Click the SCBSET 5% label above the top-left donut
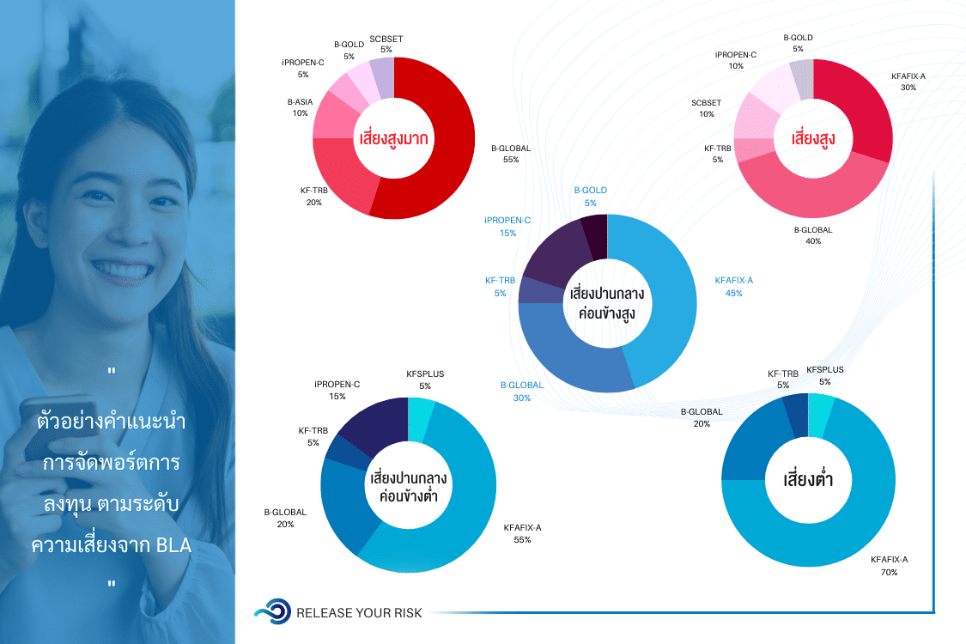click(386, 44)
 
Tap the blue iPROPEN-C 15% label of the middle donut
click(507, 227)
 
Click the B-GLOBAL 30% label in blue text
click(522, 391)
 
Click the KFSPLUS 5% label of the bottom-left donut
click(425, 380)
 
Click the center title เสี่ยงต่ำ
click(808, 479)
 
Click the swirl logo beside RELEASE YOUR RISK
click(273, 611)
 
